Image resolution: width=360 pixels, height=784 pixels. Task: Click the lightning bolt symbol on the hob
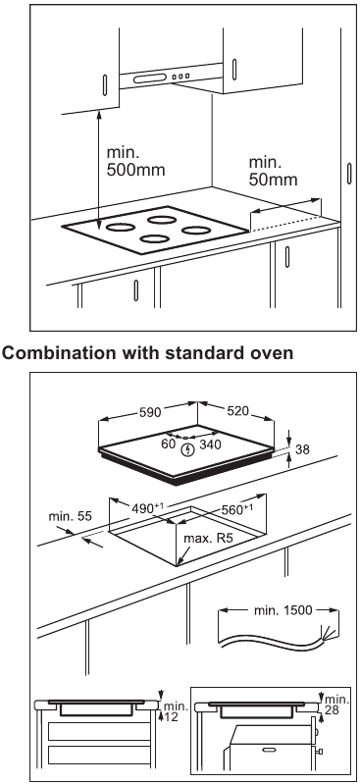click(188, 449)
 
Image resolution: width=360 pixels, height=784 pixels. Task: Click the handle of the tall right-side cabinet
click(348, 174)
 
